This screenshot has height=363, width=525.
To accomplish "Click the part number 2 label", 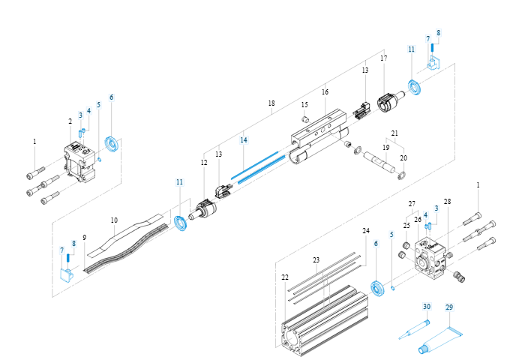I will pyautogui.click(x=70, y=121).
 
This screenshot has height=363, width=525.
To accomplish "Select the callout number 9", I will pyautogui.click(x=85, y=238).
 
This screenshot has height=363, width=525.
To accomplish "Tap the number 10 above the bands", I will pyautogui.click(x=114, y=220).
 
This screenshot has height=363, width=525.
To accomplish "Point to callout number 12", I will pyautogui.click(x=203, y=163).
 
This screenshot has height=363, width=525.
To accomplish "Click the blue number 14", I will pyautogui.click(x=243, y=139).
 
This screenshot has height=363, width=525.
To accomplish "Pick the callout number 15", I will pyautogui.click(x=304, y=104).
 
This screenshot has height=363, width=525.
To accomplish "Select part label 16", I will pyautogui.click(x=325, y=91).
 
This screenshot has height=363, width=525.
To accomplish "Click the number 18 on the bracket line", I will pyautogui.click(x=271, y=103).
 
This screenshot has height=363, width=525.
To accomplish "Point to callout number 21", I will pyautogui.click(x=394, y=133).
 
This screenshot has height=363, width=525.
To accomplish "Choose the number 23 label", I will pyautogui.click(x=316, y=259).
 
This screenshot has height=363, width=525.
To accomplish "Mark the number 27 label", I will pyautogui.click(x=412, y=204).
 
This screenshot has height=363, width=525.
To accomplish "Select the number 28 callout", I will pyautogui.click(x=447, y=202).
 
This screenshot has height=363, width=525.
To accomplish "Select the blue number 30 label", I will pyautogui.click(x=426, y=307).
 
